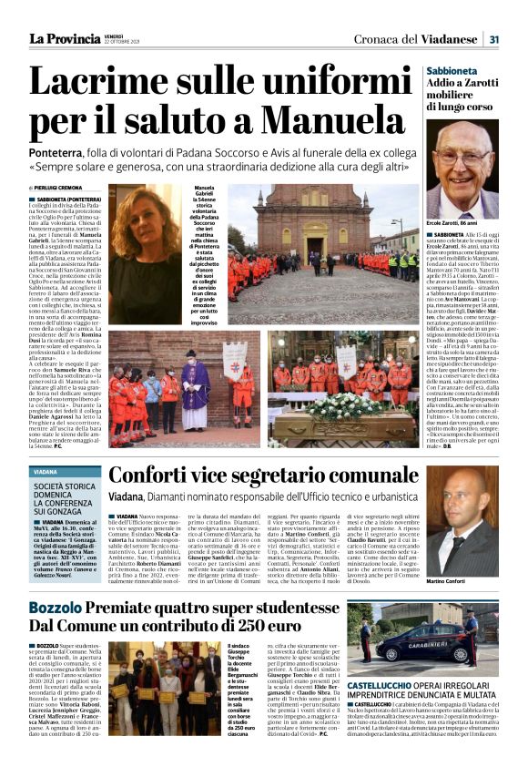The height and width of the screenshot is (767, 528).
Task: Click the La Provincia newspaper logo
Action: [65, 37]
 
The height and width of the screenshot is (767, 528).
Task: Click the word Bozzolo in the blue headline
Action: [63, 607]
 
